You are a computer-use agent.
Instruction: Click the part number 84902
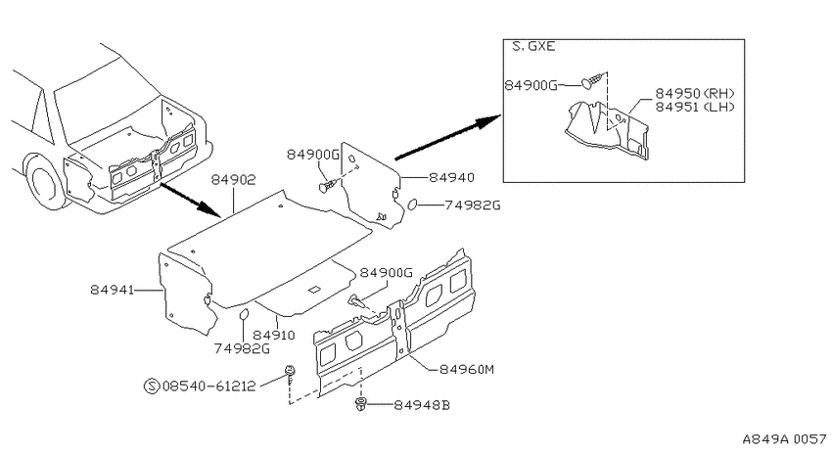click(x=234, y=180)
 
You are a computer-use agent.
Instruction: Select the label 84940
click(x=451, y=178)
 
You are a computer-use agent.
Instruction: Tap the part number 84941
click(x=112, y=290)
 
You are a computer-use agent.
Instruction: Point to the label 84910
click(x=274, y=336)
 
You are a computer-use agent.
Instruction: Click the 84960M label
click(x=467, y=369)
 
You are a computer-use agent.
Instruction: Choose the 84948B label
click(x=422, y=405)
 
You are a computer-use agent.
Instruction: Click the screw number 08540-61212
click(x=209, y=387)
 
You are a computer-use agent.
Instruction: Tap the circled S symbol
click(x=152, y=387)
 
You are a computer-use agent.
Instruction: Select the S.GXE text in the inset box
click(x=533, y=46)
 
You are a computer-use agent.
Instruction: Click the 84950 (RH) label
click(x=695, y=93)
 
